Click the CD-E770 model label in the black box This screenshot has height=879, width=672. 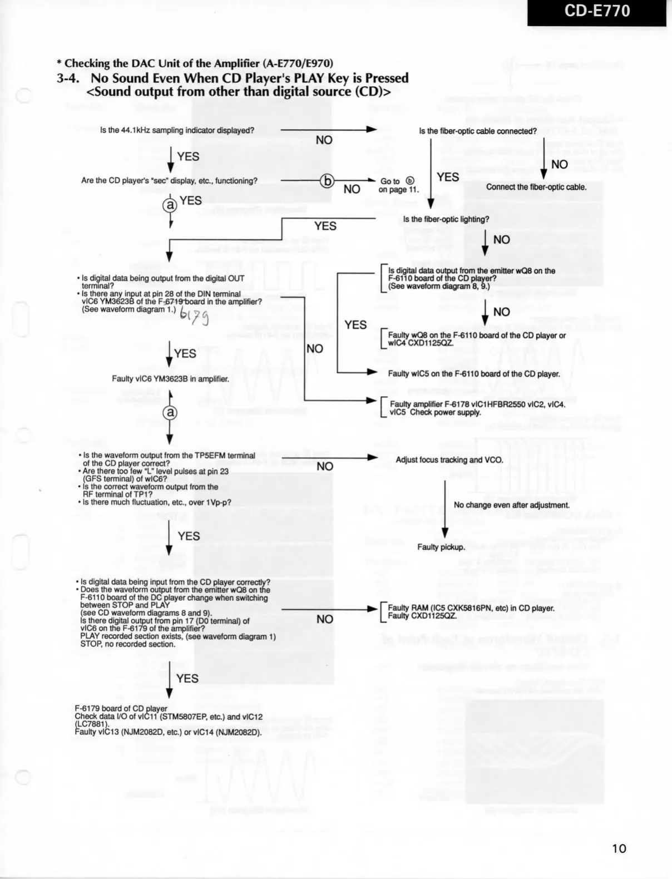pyautogui.click(x=597, y=12)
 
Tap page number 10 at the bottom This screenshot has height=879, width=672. pyautogui.click(x=619, y=848)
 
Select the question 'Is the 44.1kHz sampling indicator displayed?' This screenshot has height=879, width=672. pyautogui.click(x=177, y=130)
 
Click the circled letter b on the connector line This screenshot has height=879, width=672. pyautogui.click(x=328, y=181)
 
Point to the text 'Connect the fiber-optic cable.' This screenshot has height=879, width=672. pyautogui.click(x=536, y=187)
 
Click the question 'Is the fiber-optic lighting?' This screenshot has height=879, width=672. pyautogui.click(x=446, y=219)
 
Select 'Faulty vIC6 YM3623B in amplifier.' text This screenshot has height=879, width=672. pyautogui.click(x=170, y=379)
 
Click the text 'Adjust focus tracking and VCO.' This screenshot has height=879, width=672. pyautogui.click(x=449, y=460)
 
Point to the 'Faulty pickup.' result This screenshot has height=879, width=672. pyautogui.click(x=441, y=547)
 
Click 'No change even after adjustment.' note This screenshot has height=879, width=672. pyautogui.click(x=511, y=505)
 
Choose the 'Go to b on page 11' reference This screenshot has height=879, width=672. pyautogui.click(x=398, y=185)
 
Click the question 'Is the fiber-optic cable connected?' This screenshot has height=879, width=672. pyautogui.click(x=477, y=131)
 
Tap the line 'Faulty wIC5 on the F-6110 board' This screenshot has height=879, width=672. pyautogui.click(x=473, y=374)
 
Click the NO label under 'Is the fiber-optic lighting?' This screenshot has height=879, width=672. pyautogui.click(x=501, y=240)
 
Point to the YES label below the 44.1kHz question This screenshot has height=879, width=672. pyautogui.click(x=188, y=157)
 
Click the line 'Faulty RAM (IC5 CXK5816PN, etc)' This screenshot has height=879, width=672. pyautogui.click(x=471, y=608)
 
